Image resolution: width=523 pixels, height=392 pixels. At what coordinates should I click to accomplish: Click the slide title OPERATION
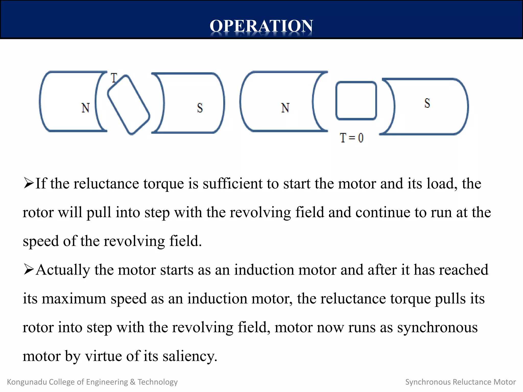[x=261, y=26]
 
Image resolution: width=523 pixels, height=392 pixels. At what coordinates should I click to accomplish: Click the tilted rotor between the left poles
[x=128, y=105]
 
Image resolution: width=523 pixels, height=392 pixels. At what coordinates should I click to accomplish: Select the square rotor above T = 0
[x=356, y=101]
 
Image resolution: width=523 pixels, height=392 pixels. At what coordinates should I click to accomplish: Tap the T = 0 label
[x=352, y=138]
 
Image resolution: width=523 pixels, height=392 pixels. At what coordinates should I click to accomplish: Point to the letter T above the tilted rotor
[x=114, y=78]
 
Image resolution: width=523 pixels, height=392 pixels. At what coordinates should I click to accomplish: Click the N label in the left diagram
[x=86, y=108]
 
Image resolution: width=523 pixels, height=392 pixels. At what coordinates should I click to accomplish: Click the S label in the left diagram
[x=200, y=108]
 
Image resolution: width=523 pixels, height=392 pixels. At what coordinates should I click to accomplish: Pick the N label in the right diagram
[x=285, y=108]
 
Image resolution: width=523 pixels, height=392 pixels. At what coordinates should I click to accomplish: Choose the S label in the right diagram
[x=427, y=103]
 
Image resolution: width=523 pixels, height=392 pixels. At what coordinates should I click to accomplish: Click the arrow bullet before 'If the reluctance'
[x=28, y=183]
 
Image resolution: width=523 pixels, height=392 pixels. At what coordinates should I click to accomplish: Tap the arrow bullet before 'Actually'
[x=28, y=269]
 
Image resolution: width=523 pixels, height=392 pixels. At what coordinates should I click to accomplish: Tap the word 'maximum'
[x=74, y=299]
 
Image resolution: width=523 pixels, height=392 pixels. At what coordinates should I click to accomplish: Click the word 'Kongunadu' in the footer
[x=27, y=382]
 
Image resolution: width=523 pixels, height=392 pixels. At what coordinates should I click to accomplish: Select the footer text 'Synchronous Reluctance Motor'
[x=460, y=382]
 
